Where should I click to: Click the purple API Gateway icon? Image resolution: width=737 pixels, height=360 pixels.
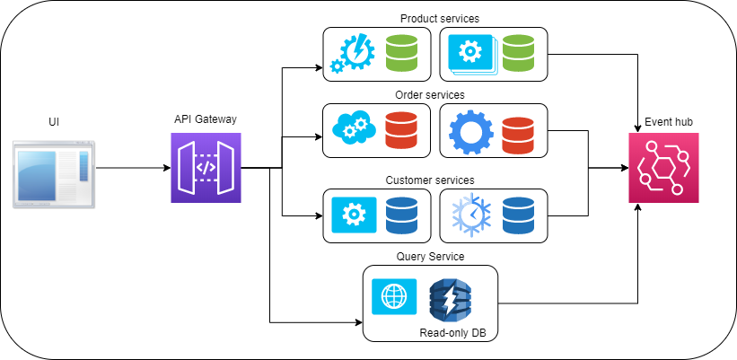click(206, 167)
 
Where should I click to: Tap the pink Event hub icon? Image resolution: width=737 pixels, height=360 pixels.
click(663, 167)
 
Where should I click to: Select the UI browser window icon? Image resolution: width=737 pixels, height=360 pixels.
click(53, 173)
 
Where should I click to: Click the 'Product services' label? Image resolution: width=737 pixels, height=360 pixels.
click(439, 18)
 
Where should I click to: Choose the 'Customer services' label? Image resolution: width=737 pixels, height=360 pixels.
click(430, 180)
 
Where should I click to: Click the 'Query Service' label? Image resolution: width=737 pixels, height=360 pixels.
click(430, 257)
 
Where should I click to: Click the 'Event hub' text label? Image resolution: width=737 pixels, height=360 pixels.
click(669, 122)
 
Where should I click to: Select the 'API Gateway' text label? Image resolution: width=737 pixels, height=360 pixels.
click(206, 119)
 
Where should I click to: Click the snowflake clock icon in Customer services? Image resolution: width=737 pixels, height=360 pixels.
click(470, 215)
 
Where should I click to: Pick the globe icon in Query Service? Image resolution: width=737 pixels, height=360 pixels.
click(393, 296)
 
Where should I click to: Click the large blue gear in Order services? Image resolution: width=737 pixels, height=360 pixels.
click(470, 131)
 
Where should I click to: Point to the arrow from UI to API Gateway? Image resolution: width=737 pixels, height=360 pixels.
click(130, 168)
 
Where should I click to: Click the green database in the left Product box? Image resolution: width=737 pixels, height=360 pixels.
click(401, 53)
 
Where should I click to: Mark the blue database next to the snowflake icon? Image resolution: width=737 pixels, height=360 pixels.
click(519, 215)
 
